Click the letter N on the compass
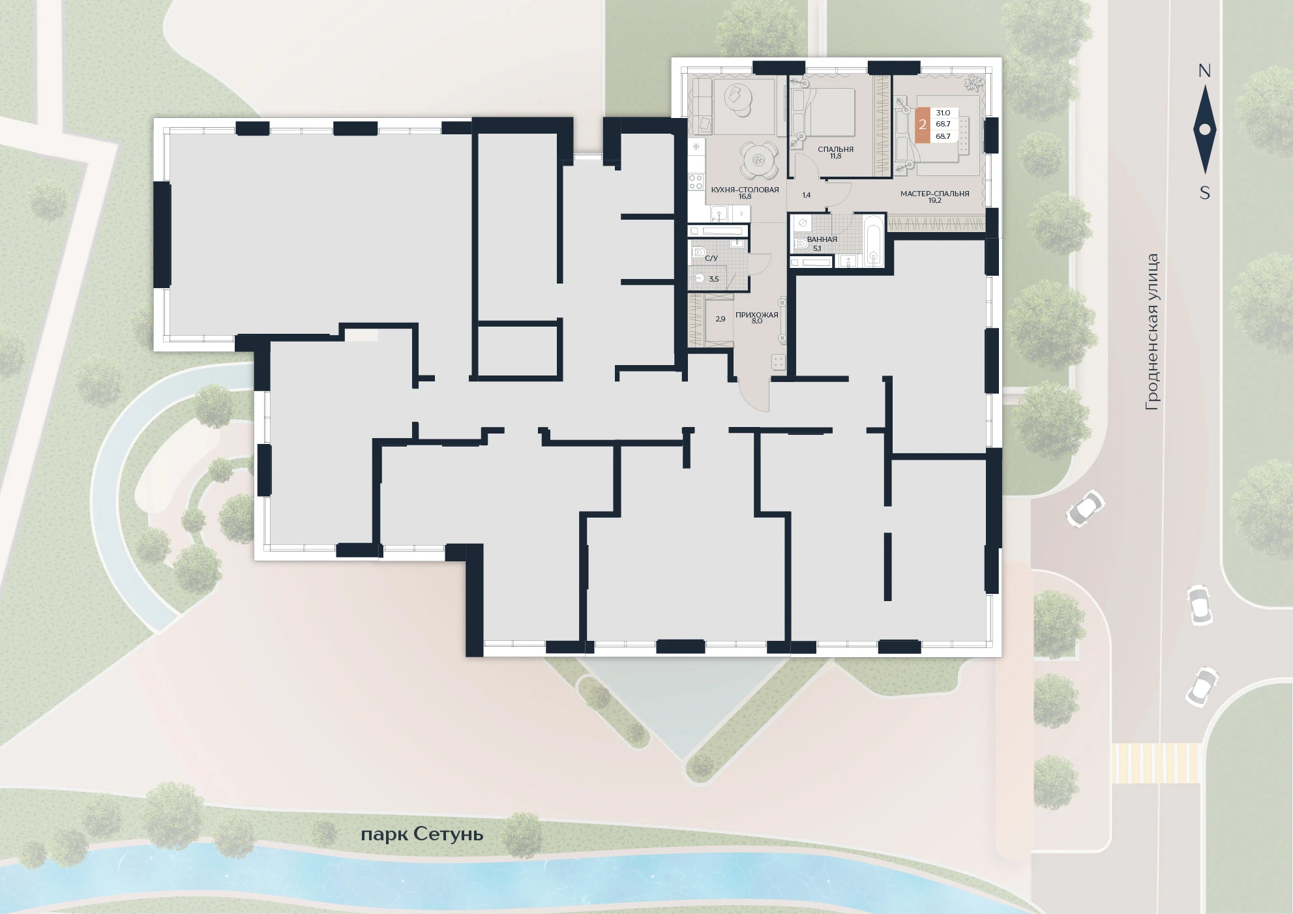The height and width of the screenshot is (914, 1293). pos(1204,70)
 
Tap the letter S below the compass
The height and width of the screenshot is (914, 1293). pos(1205,193)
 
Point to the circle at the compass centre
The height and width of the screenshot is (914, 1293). pos(1204,130)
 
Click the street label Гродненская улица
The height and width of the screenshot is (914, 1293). pos(1152,332)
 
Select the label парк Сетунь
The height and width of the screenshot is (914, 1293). pos(422,834)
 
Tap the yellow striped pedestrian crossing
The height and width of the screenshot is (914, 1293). pos(1155,763)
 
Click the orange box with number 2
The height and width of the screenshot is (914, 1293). pos(923,125)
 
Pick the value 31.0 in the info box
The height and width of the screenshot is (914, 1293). pos(943,113)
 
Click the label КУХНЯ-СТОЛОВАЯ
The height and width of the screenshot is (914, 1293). pos(745,190)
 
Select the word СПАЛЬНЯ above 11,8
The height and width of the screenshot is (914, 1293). pos(835,149)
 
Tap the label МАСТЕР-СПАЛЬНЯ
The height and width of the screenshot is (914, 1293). pos(934,194)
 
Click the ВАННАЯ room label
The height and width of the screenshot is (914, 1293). pos(822,239)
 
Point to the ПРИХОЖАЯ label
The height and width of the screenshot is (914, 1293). pos(756,315)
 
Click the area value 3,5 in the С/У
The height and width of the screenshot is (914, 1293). pos(714,279)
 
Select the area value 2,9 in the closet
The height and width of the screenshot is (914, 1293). pos(721,319)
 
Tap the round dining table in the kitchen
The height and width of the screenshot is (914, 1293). pos(758,160)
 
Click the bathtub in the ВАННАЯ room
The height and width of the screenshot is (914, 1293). pos(874,240)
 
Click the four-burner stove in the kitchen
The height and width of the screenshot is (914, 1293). pos(696,182)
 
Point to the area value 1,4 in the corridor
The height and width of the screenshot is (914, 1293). pos(807,195)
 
